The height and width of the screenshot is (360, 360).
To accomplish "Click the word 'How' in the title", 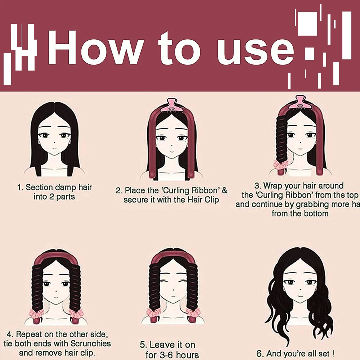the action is [x=96, y=48].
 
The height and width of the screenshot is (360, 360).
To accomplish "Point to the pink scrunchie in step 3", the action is [x=280, y=165].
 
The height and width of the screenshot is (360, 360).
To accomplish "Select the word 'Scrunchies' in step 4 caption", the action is [x=90, y=343].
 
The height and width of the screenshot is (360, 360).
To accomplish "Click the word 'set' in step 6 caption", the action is [x=323, y=354].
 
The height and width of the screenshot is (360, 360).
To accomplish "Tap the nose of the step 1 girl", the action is [x=53, y=143].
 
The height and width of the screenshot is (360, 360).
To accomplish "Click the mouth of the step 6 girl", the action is [x=300, y=296].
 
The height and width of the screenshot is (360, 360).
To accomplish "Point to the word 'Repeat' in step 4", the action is [x=29, y=334].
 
